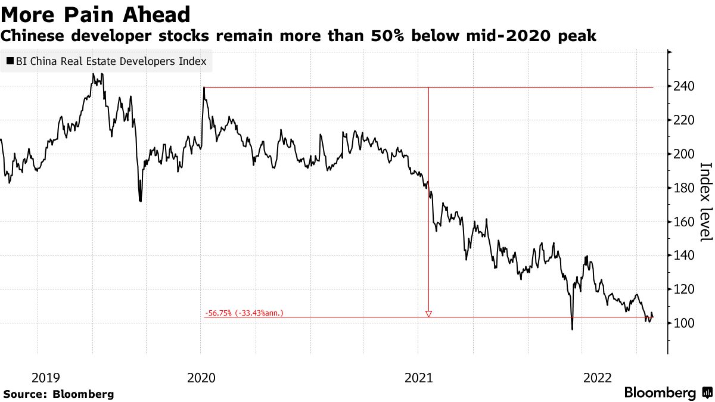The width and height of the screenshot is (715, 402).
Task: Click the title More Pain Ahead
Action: coord(95,14)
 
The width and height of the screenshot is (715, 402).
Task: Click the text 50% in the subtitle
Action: coord(415,36)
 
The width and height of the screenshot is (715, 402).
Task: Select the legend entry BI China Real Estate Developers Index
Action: coord(106,61)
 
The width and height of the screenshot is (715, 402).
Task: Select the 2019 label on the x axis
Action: coord(45,377)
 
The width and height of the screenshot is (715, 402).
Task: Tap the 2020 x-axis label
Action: coord(201,377)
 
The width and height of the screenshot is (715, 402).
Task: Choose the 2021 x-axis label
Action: coord(418,377)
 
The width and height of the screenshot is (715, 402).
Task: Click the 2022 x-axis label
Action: coord(598,377)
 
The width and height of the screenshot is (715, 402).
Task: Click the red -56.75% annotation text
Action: coord(244,313)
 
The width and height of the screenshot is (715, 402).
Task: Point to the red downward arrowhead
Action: coord(428,313)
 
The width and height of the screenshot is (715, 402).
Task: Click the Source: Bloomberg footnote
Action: coord(58,394)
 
